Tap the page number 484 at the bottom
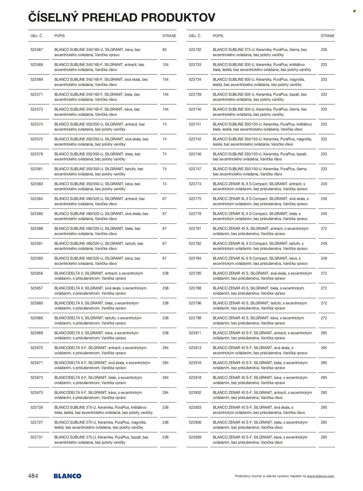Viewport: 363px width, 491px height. point(33,476)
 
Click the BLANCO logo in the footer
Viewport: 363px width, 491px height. point(67,476)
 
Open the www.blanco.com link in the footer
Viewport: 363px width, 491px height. point(320,476)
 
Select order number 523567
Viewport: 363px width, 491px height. point(37,50)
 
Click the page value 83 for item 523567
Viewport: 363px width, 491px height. point(164,50)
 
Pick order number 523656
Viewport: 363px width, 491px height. point(37,273)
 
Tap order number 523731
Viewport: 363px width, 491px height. point(37,437)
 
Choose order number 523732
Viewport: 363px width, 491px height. point(195,50)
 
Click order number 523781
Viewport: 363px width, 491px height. point(195,229)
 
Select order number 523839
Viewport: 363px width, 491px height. point(195,437)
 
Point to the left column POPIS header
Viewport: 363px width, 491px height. point(60,36)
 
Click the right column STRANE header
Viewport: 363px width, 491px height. point(327,36)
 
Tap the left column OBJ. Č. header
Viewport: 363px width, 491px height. point(37,36)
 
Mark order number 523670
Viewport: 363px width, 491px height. point(37,348)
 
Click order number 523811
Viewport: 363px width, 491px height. point(195,333)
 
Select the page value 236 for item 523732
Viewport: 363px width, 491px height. point(324,50)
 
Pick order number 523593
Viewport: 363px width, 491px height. point(37,258)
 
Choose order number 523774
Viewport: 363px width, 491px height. point(195,184)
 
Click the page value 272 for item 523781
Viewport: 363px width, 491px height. point(324,229)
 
